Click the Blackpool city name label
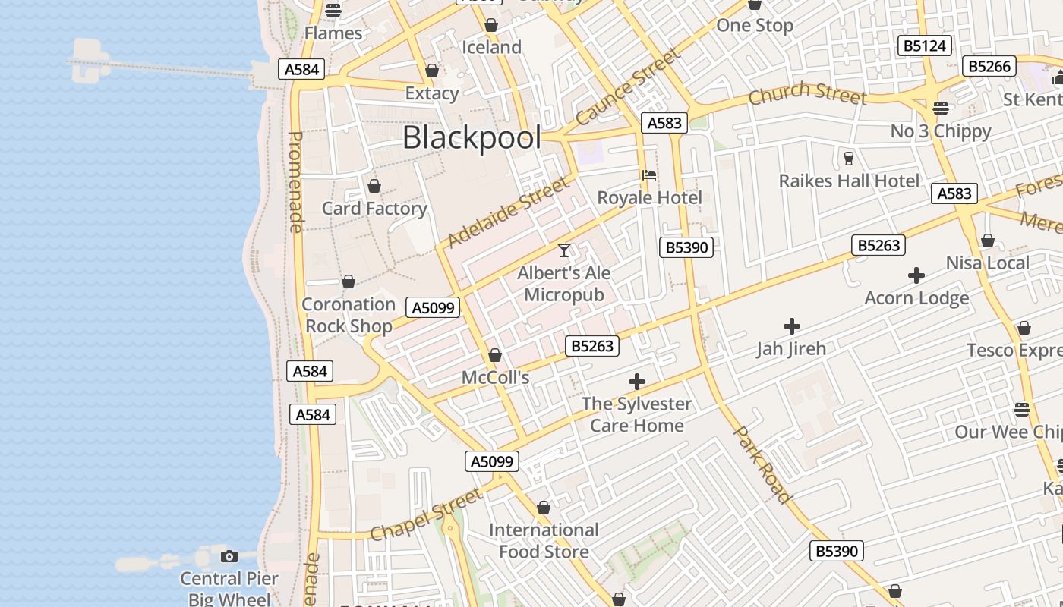[472, 138]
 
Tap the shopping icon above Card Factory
[374, 186]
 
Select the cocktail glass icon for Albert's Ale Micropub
[564, 250]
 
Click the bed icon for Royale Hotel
[649, 175]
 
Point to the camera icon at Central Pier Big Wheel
[229, 557]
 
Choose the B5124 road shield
[924, 46]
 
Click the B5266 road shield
[990, 66]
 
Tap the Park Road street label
[763, 464]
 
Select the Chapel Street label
[426, 515]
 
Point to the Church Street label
[807, 95]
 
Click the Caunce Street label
[627, 88]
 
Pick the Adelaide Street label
[508, 213]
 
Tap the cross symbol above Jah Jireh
[791, 326]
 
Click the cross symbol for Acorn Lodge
[916, 275]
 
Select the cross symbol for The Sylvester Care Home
[637, 381]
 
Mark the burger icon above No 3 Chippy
[941, 109]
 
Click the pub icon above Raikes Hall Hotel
[849, 158]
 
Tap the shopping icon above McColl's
[495, 355]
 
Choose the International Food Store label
[544, 540]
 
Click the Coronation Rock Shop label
[349, 315]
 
